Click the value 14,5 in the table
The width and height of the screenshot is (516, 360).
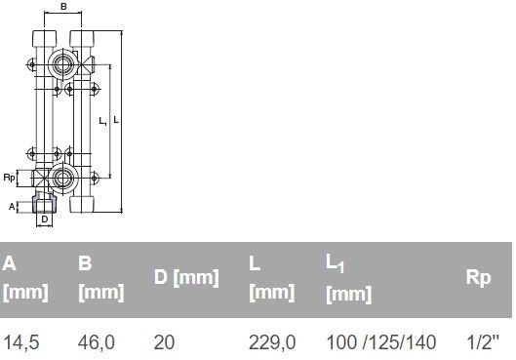(x=20, y=341)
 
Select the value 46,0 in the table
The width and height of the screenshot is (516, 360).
(x=97, y=341)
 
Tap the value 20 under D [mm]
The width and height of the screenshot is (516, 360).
(x=164, y=341)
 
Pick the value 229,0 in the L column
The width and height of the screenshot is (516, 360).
(x=272, y=341)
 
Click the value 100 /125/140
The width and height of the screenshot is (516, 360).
(x=381, y=341)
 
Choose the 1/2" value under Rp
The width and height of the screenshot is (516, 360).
(x=483, y=341)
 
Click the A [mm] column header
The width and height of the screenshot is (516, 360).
(x=25, y=278)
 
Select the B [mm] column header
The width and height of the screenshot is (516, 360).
(x=101, y=278)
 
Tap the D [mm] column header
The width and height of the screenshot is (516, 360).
(x=186, y=277)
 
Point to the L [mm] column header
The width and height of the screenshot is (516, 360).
(x=272, y=278)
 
